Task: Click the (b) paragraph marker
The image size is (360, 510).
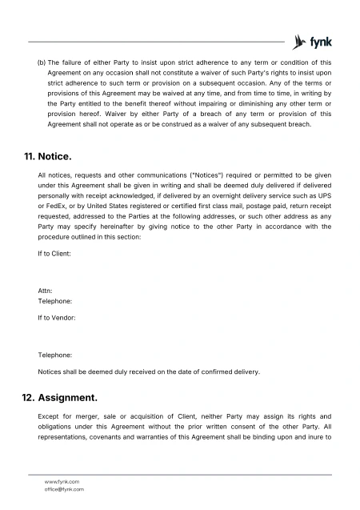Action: click(42, 62)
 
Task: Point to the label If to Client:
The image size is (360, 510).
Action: click(55, 253)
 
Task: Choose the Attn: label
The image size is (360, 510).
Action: click(46, 291)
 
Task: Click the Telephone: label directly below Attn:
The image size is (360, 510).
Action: click(55, 302)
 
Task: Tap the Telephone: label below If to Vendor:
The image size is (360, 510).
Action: click(55, 354)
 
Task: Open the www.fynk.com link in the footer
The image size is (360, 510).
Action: click(62, 481)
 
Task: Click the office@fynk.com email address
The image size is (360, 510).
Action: click(65, 488)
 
